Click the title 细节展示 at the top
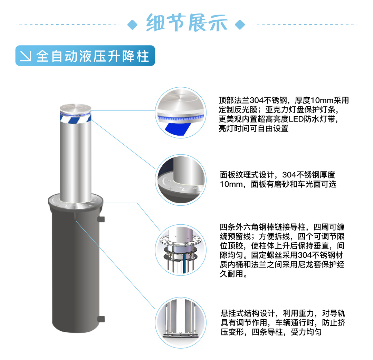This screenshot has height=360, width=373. click(187, 22)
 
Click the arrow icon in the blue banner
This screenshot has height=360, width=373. click(26, 56)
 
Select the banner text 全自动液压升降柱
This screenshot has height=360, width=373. click(93, 56)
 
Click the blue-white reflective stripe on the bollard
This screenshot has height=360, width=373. click(76, 118)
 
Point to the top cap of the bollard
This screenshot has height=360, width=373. click(76, 107)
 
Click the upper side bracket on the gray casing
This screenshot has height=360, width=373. click(101, 219)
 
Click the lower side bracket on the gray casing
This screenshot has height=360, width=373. click(101, 319)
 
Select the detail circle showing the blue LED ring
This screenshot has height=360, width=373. click(181, 113)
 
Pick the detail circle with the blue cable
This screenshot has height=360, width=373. click(181, 250)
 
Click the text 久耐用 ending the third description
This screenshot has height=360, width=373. click(231, 274)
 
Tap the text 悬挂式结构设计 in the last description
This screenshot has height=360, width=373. click(248, 313)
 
